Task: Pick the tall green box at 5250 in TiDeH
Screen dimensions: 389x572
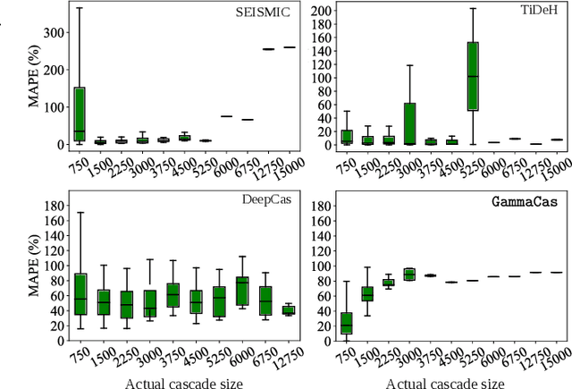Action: click(474, 76)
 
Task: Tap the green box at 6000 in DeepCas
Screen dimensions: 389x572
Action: click(241, 292)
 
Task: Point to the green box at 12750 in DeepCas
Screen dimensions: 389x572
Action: click(288, 310)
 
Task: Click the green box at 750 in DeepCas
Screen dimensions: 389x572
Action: click(80, 294)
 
